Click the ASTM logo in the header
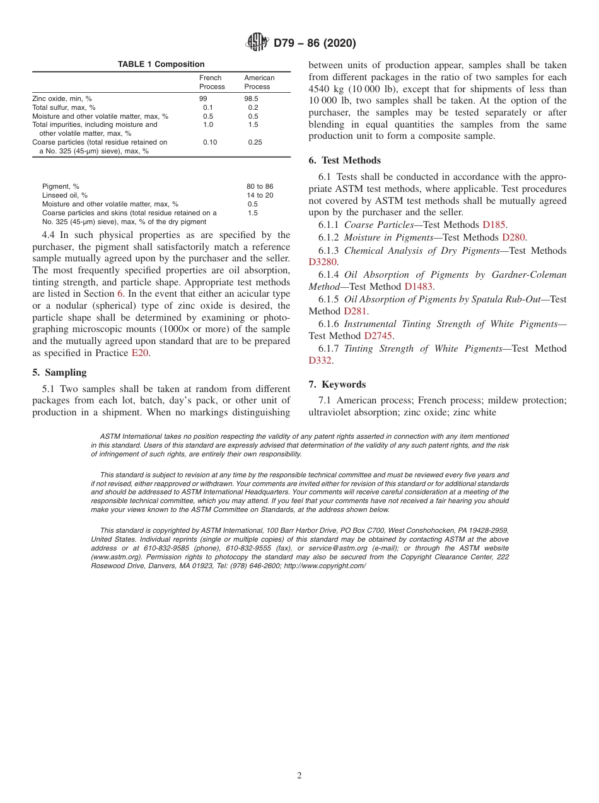coord(257,43)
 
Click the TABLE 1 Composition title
coord(161,64)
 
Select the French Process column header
coord(212,82)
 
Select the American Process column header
coord(259,82)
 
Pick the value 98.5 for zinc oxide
coord(251,99)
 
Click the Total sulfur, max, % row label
coord(64,108)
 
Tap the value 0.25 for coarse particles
coord(255,143)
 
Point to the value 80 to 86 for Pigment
coord(260,187)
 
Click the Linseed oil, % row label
coord(65,196)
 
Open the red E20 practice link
coord(139,354)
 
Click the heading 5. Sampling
coord(59,372)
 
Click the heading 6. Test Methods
coord(345,160)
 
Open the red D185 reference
coord(494,225)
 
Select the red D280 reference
coord(513,237)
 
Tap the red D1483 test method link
coord(419,287)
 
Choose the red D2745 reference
coord(378,336)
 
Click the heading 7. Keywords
coord(337,384)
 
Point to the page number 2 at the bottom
coord(299,776)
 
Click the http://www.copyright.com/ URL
coord(324,566)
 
